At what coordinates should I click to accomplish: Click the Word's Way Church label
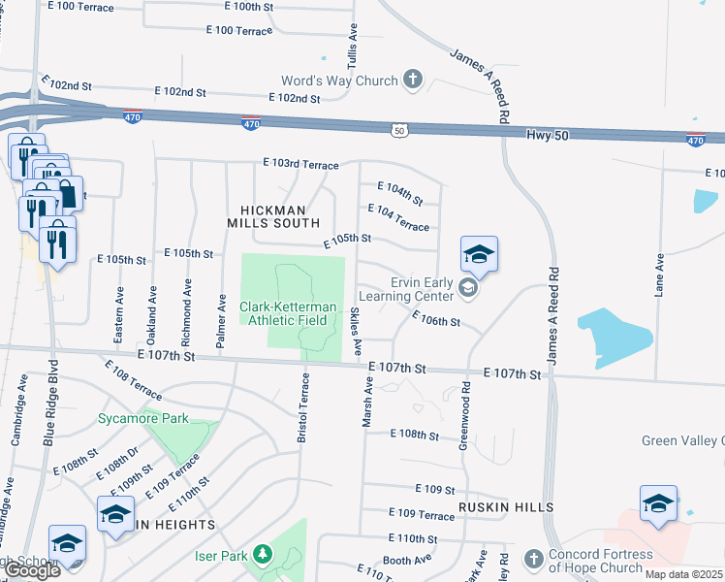[339, 81]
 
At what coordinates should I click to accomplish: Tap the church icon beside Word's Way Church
[413, 80]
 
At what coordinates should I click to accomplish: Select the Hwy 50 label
[547, 135]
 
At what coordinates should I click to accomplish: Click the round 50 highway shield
[398, 129]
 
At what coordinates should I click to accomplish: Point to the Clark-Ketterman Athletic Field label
[289, 312]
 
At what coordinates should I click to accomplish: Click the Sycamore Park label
[142, 420]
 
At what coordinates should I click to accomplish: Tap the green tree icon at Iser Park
[262, 555]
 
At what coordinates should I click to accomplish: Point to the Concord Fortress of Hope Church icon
[532, 560]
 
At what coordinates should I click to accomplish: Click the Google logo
[33, 570]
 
